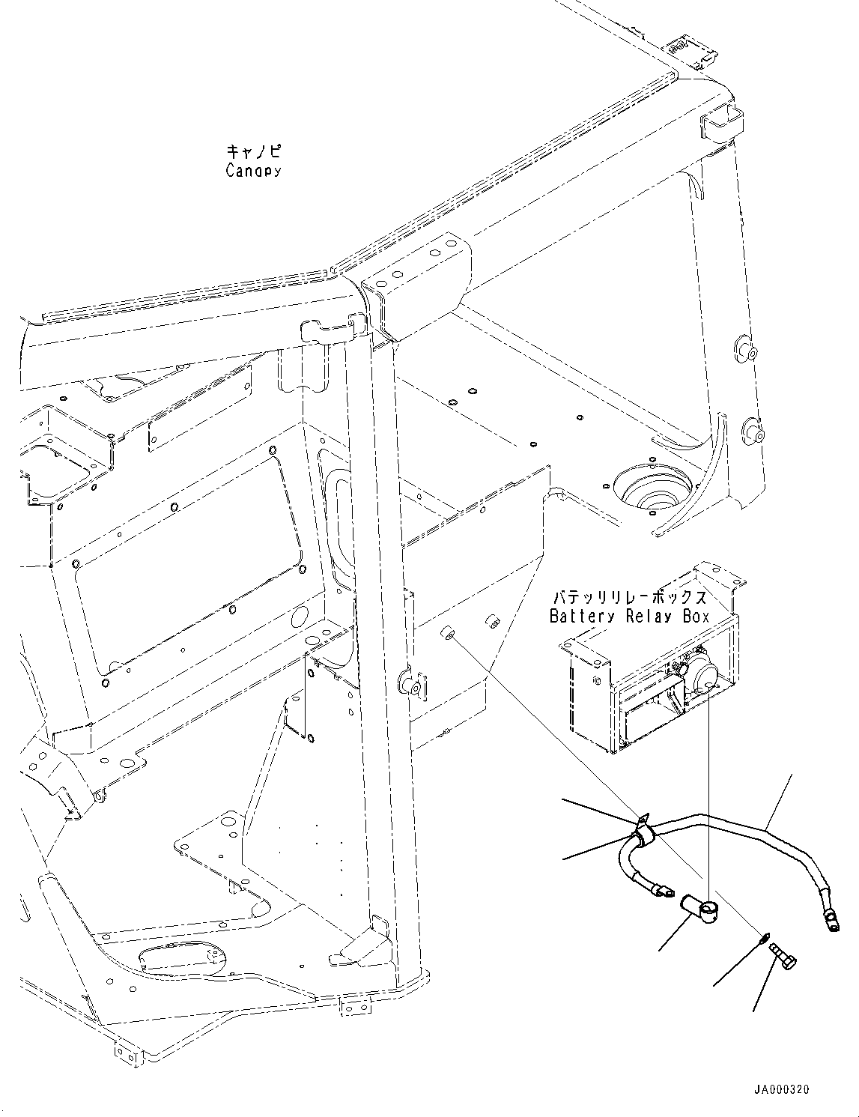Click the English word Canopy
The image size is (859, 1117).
[x=253, y=171]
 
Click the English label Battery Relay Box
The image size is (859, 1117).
[x=629, y=617]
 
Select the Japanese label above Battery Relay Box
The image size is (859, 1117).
[x=629, y=598]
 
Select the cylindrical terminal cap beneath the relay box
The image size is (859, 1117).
[x=698, y=909]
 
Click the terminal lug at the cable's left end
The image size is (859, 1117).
[x=661, y=891]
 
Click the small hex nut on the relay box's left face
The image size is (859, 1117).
[x=595, y=680]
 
